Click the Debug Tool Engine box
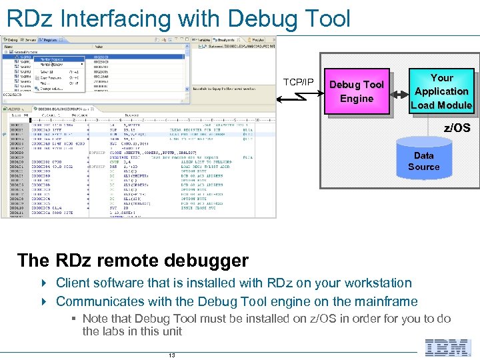coord(357,92)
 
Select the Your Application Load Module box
coord(441,91)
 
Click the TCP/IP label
coord(298,82)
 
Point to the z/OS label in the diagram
coord(457,127)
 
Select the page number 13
coord(171,355)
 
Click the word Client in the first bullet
coord(73,283)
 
